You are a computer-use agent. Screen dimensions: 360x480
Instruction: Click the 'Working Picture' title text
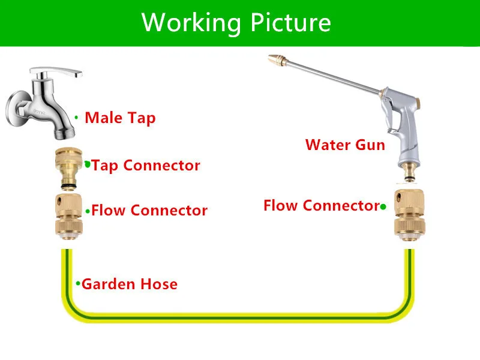[236, 23]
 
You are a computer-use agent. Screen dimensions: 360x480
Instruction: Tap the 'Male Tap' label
[120, 118]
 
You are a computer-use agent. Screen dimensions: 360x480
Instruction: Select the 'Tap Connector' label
[146, 165]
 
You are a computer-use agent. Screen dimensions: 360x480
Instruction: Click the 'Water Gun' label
[345, 145]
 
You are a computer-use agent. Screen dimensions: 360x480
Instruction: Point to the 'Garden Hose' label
[130, 284]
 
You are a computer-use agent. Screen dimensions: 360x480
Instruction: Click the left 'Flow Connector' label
[149, 211]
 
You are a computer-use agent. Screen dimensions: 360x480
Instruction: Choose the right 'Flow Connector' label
[321, 206]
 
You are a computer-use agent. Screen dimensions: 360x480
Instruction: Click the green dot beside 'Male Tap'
[76, 117]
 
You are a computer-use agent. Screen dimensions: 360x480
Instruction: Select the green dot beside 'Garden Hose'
[77, 283]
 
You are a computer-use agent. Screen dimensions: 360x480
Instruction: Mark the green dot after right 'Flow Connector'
[382, 206]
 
